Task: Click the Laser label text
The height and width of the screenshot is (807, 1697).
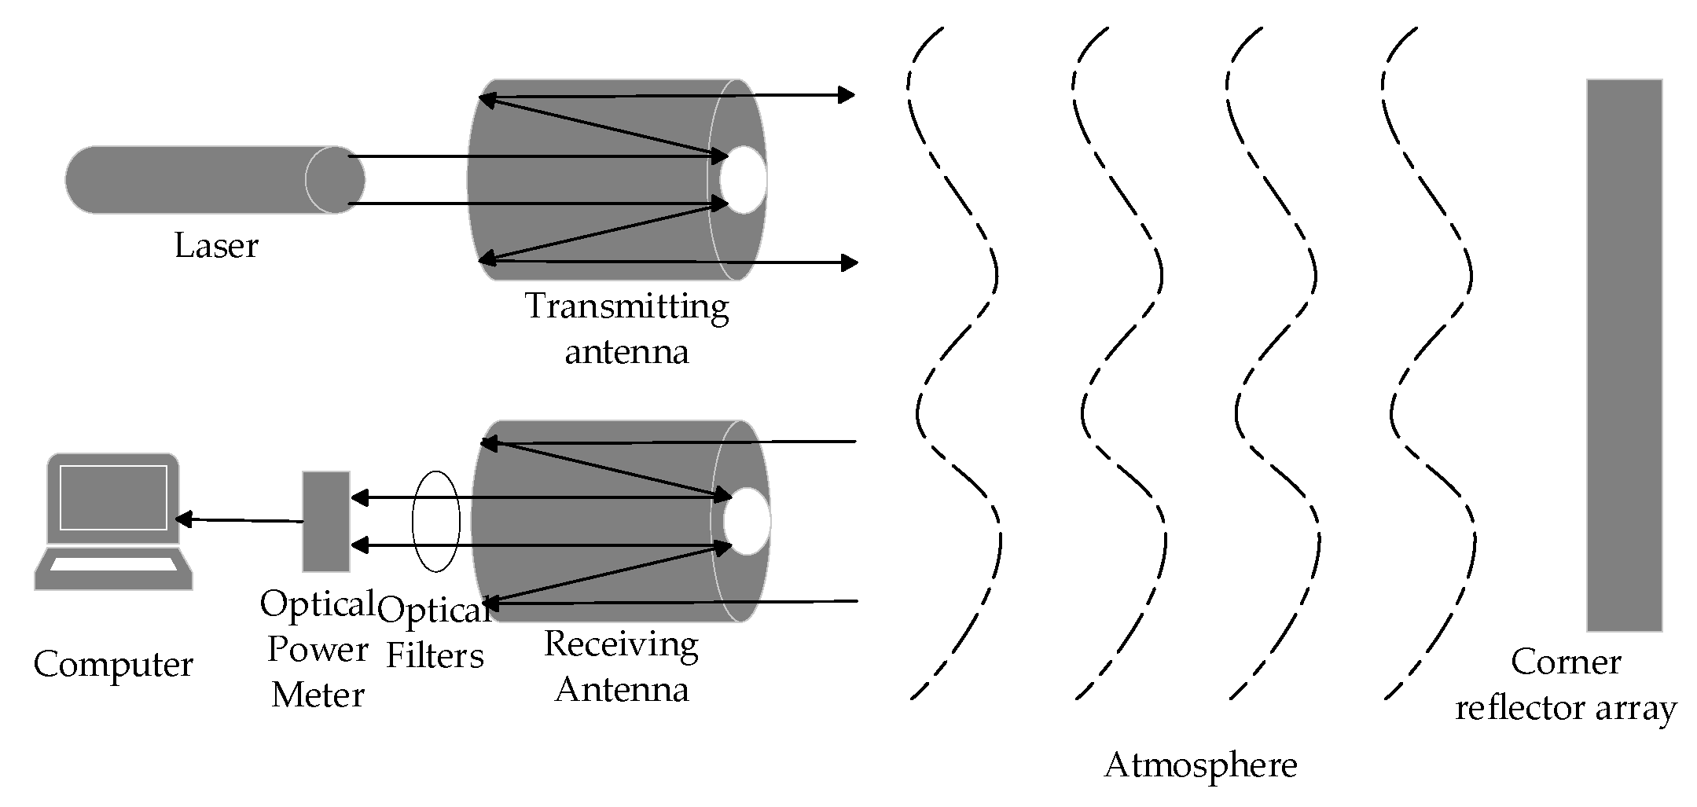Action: coord(215,246)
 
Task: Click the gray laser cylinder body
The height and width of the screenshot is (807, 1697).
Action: coord(189,179)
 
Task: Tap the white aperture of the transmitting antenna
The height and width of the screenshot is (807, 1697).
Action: coord(743,179)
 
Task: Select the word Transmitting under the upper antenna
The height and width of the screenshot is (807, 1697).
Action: coord(626,306)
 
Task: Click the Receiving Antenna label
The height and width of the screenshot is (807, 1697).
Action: coord(621,666)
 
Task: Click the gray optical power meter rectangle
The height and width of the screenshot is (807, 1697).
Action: coord(326,522)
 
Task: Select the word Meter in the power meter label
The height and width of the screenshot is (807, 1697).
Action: coord(318,695)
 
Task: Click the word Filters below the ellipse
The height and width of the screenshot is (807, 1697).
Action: coord(435,655)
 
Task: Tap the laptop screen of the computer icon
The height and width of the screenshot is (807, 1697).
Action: coord(113,498)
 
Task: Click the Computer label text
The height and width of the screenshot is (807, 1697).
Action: coord(113,665)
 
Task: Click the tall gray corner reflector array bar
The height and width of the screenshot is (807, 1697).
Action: coord(1624,354)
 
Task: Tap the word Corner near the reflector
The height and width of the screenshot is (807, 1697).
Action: coord(1565,662)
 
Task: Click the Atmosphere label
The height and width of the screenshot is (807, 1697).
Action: coord(1199,765)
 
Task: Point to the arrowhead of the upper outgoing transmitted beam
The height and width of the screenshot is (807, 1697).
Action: coord(847,96)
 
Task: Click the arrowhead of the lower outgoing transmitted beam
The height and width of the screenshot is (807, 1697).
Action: coord(849,262)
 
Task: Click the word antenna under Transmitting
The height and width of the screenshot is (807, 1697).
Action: coord(626,352)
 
